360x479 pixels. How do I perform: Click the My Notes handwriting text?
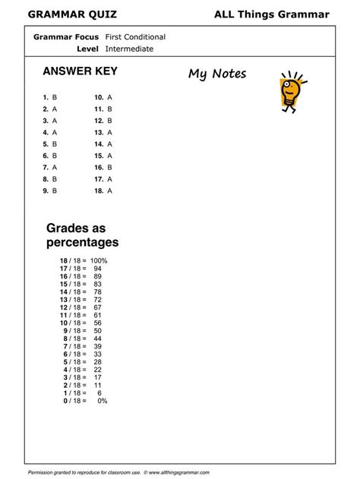(217, 74)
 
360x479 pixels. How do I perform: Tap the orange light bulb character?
(290, 92)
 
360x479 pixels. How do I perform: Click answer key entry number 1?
(50, 98)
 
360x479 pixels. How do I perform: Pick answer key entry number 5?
(50, 144)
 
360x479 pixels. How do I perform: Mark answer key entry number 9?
(50, 191)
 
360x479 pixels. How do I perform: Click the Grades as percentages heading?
(82, 235)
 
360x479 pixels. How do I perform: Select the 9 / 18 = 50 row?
(82, 331)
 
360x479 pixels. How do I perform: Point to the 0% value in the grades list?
(102, 401)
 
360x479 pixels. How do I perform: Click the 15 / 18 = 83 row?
(81, 285)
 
